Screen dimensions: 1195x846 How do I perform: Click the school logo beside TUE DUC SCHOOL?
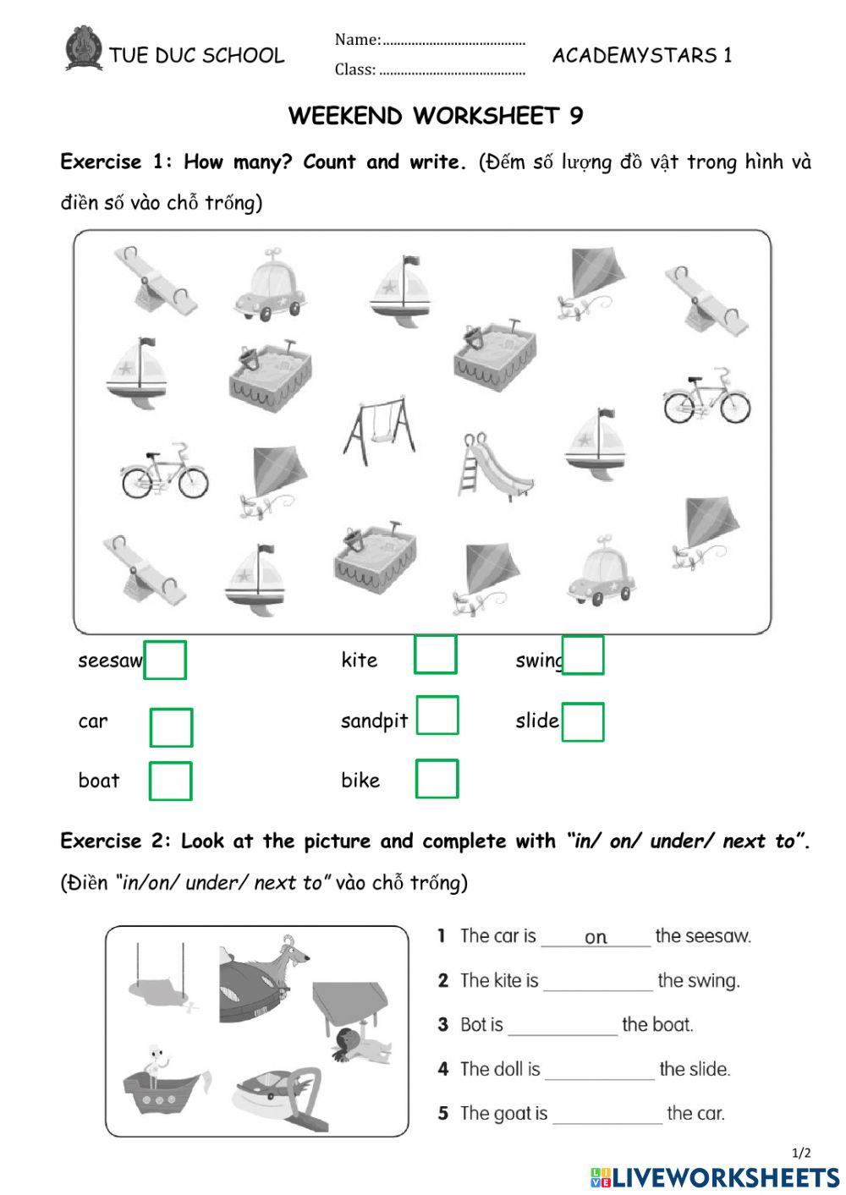tap(83, 48)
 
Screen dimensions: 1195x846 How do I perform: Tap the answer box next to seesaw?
tap(165, 660)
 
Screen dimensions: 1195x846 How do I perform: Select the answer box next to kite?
tap(436, 655)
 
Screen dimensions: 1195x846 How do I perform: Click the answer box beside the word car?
tap(171, 727)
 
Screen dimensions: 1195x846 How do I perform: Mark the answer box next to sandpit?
tap(437, 715)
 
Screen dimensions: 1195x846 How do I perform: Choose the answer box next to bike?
tap(437, 779)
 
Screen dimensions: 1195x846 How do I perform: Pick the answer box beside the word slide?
tap(583, 722)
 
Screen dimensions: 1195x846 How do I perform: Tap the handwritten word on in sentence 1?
tap(596, 937)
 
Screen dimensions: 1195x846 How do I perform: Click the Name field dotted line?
tap(454, 41)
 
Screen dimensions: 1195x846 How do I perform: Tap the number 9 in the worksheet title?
tap(576, 116)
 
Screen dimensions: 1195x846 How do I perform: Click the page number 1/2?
tap(800, 1153)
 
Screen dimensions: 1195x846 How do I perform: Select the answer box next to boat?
tap(170, 781)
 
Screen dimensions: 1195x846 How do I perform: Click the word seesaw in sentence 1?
tap(702, 936)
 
